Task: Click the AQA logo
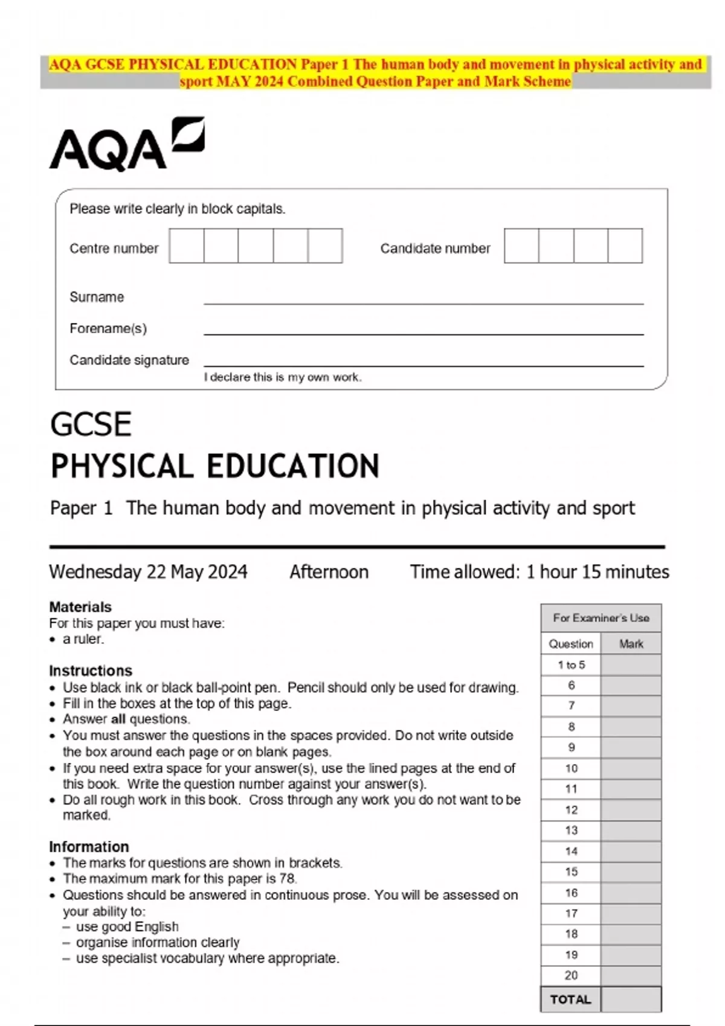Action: click(x=127, y=145)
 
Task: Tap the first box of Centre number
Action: click(x=187, y=246)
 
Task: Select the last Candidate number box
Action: click(x=625, y=246)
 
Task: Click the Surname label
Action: click(x=97, y=297)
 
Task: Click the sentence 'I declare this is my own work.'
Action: click(x=283, y=377)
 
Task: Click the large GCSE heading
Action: click(x=91, y=424)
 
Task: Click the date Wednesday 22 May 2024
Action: click(x=148, y=572)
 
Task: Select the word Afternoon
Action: click(x=329, y=572)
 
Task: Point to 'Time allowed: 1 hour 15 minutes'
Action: click(x=540, y=572)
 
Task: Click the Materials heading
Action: click(x=80, y=607)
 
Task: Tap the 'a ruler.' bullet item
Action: click(x=83, y=639)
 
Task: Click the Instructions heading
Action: click(x=91, y=671)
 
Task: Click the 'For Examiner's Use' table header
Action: click(x=601, y=618)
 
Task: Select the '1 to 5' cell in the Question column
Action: click(x=571, y=665)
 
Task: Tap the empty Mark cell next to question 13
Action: click(x=631, y=830)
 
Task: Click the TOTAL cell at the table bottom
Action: click(x=570, y=999)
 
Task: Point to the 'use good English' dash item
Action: click(x=127, y=926)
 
